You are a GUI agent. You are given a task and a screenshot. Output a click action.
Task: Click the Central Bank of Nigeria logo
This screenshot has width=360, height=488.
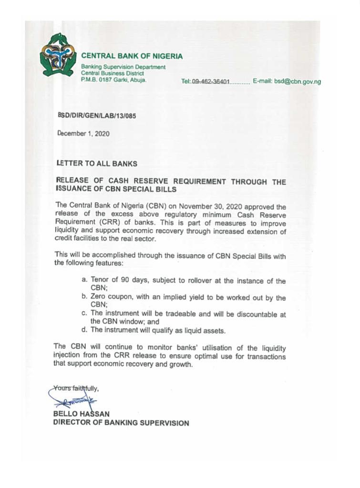coord(58,54)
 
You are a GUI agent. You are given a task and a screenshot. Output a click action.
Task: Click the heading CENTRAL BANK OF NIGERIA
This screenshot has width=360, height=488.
coord(132,56)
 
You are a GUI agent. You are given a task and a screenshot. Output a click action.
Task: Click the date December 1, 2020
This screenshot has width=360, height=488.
coord(83,134)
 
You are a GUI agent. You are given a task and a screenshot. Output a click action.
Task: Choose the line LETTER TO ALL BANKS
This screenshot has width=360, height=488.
coord(96,163)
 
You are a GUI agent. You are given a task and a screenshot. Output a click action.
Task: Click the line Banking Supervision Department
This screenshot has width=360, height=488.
coord(123,67)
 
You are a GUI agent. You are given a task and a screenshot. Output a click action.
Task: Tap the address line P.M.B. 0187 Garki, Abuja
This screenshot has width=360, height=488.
coord(113,80)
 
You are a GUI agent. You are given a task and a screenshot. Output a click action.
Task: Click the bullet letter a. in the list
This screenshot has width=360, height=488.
coord(84,281)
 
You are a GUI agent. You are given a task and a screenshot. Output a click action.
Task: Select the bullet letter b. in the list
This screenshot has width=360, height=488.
coord(84,298)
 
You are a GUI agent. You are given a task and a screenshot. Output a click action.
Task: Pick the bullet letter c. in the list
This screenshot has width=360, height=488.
coord(84,314)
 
